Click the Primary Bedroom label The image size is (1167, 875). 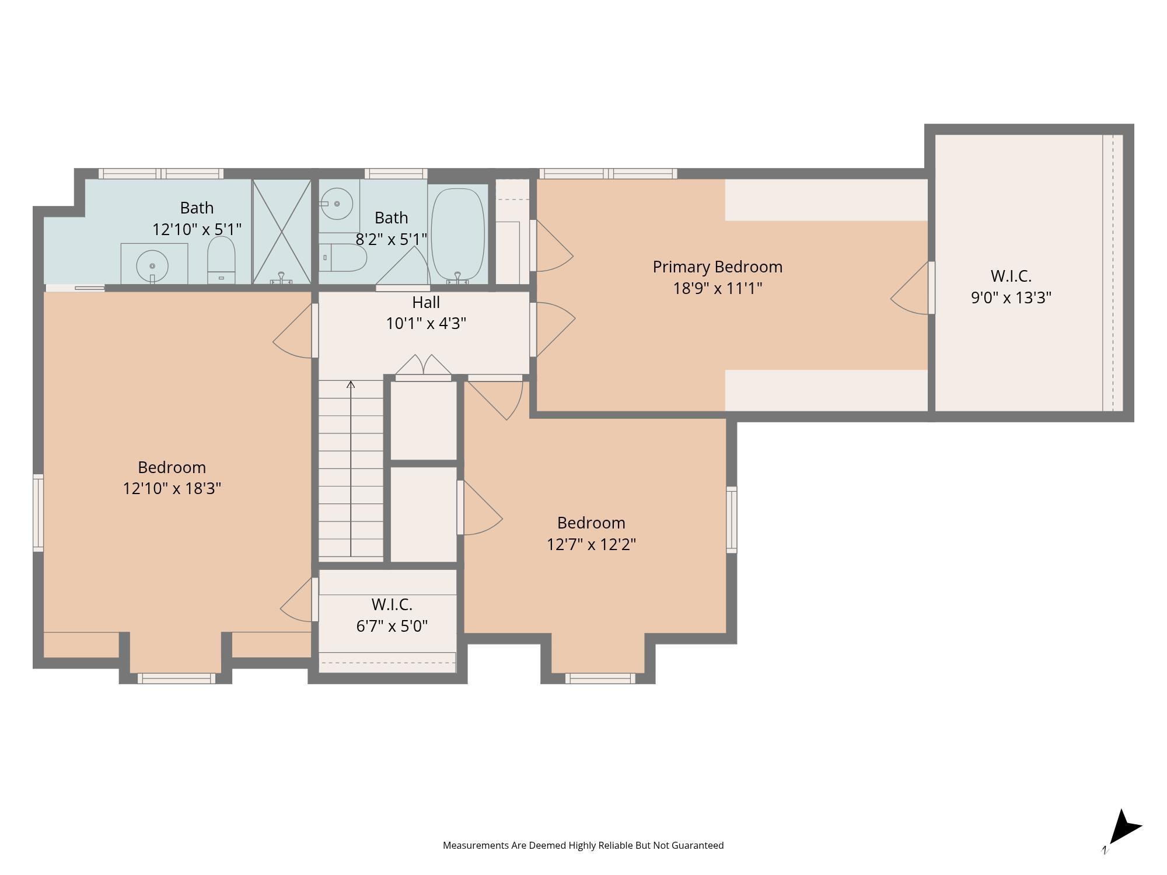tap(717, 267)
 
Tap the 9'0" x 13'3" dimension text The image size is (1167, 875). tap(1011, 297)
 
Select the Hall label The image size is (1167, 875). tap(425, 302)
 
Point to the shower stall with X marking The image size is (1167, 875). tap(282, 232)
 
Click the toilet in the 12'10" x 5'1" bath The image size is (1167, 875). tap(221, 260)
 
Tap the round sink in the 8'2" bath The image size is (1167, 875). tap(337, 204)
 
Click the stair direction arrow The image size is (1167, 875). tap(351, 386)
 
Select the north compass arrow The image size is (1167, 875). tap(1123, 828)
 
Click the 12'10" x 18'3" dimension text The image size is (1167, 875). tap(172, 488)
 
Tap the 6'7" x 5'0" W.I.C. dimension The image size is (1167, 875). tap(392, 626)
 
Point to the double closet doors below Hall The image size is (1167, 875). tap(423, 366)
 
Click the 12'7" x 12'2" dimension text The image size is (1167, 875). tap(591, 544)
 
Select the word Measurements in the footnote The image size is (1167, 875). tap(476, 845)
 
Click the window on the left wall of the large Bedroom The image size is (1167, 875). tap(38, 513)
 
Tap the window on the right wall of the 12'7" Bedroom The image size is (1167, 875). tap(731, 519)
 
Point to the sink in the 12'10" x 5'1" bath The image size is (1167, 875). tap(152, 266)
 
